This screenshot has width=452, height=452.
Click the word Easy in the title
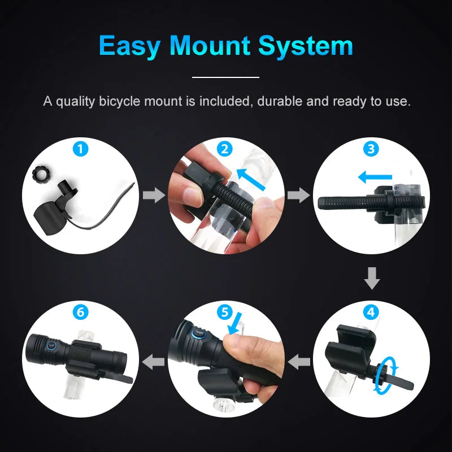click(130, 46)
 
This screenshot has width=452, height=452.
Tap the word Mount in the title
click(210, 46)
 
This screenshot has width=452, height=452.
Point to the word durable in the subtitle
click(280, 101)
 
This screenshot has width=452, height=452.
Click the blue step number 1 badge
click(80, 149)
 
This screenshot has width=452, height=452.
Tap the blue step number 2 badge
click(224, 149)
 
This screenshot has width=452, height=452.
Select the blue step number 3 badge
click(371, 149)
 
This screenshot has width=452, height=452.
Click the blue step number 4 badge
click(371, 312)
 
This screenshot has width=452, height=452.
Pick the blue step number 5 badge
click(224, 312)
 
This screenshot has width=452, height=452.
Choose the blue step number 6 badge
click(80, 312)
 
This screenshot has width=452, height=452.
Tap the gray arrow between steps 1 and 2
click(154, 195)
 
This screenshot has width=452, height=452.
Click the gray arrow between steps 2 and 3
click(299, 195)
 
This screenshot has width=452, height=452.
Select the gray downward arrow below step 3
click(372, 278)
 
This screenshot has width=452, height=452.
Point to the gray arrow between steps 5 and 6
click(153, 362)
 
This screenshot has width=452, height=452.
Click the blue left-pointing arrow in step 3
click(375, 177)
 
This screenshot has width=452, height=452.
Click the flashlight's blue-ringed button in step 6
click(51, 345)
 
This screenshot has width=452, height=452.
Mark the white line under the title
click(225, 77)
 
